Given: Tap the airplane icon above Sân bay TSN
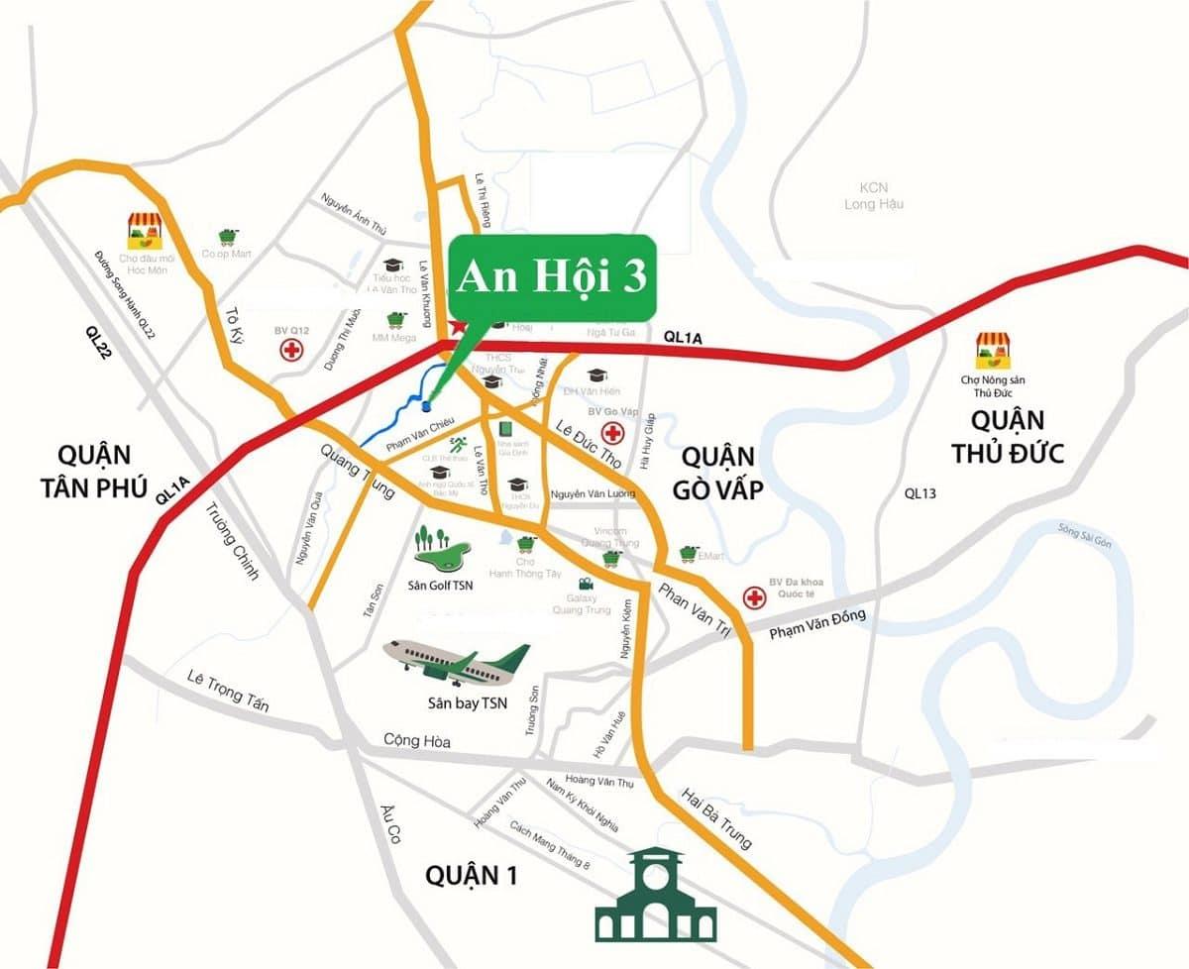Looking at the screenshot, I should point(457,662).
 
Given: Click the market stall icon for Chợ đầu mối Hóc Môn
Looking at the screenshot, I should point(144,230).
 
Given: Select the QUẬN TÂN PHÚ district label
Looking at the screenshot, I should point(95,471).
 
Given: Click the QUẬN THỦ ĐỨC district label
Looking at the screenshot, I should point(1008,436).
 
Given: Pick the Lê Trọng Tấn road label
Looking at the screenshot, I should point(228,690).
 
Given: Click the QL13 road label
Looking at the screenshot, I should point(919,493).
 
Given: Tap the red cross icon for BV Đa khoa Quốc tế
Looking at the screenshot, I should point(756,596).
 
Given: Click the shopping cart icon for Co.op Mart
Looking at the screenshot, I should point(228,237).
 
